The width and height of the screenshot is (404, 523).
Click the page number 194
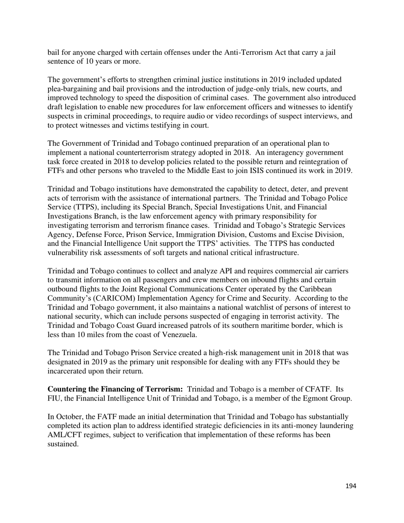click(x=350, y=486)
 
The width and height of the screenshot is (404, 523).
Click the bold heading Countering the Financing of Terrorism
click(x=115, y=389)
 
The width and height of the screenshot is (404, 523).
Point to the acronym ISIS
click(x=265, y=171)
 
